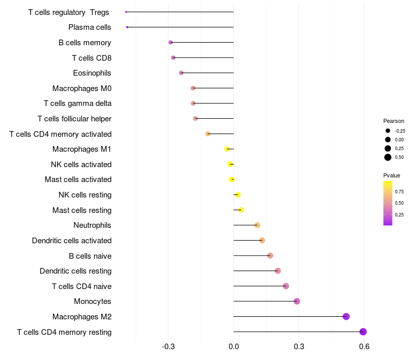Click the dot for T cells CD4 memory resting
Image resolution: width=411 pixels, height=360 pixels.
point(363,332)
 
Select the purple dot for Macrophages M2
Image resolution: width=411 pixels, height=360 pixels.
point(346,316)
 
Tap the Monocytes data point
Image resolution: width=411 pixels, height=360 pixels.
point(296,301)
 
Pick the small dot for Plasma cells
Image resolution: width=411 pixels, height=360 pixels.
point(127,27)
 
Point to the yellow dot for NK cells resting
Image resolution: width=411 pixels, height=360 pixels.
point(237,195)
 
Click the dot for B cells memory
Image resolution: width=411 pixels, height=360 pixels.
point(171,42)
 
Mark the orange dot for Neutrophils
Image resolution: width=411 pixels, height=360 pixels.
point(257,225)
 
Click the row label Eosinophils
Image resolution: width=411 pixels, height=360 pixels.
point(92,73)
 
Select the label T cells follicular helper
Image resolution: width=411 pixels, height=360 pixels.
point(74,119)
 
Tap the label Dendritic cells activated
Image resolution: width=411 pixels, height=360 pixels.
point(72,241)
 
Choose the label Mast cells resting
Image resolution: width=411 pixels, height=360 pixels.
point(82,210)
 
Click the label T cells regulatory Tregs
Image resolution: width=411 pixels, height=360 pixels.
point(68,12)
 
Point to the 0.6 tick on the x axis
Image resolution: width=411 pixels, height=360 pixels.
point(364,347)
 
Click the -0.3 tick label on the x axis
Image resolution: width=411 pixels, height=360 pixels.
point(168,347)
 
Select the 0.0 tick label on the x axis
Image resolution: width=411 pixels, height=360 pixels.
point(233,347)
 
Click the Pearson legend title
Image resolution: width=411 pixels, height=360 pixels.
point(394,121)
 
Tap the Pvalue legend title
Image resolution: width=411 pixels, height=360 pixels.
point(392,175)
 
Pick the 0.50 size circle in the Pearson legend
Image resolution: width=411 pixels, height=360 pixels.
point(388,157)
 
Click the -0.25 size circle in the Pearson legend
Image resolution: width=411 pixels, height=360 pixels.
point(388,131)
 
